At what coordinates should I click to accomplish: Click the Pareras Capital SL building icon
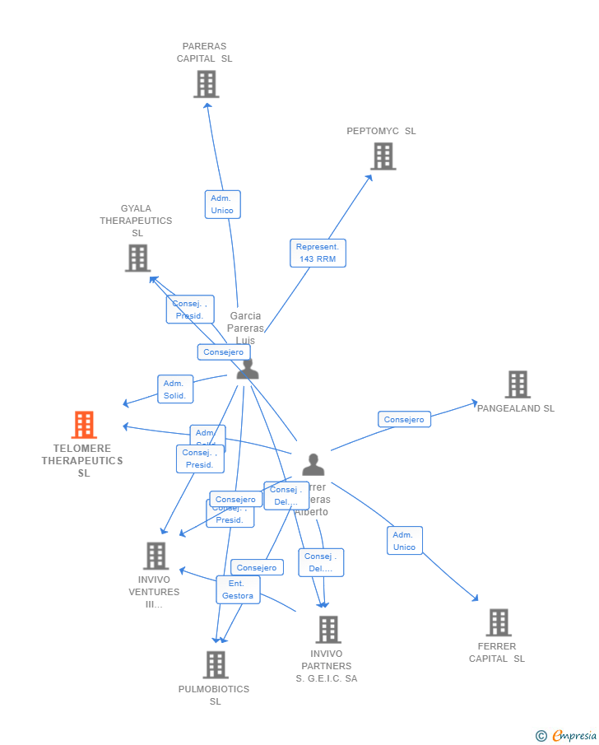[206, 84]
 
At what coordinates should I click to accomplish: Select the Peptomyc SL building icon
[383, 156]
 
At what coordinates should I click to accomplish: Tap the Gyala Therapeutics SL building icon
[137, 258]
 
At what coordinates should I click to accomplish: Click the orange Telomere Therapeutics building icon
[83, 425]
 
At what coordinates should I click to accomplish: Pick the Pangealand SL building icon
[517, 384]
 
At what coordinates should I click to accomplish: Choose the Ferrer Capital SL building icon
[498, 622]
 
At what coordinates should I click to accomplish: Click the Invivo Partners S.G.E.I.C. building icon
[327, 630]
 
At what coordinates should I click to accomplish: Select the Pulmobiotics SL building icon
[215, 665]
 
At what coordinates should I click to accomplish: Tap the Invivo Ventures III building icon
[156, 556]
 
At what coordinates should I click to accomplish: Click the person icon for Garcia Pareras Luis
[247, 369]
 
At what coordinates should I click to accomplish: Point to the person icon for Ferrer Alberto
[313, 465]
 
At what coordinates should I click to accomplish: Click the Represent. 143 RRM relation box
[318, 253]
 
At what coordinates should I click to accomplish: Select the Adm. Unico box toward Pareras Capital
[222, 204]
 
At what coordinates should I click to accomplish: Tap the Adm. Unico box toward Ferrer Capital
[404, 541]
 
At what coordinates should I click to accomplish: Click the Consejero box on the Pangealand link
[404, 420]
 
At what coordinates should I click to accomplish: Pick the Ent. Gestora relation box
[238, 589]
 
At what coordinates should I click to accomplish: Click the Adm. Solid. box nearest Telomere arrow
[175, 389]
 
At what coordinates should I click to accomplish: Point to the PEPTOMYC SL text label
[381, 131]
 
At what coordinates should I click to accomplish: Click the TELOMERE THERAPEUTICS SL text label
[82, 461]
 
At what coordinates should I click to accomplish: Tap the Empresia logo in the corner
[567, 735]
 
